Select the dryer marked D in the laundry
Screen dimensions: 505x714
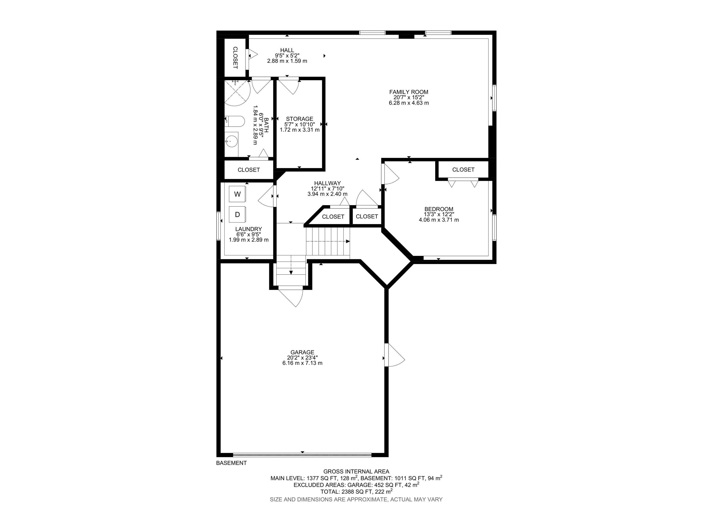click(x=238, y=215)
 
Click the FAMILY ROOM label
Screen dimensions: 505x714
click(x=409, y=92)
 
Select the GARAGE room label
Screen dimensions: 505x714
click(x=302, y=352)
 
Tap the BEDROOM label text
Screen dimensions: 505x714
click(x=439, y=209)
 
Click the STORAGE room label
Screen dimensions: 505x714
click(x=299, y=119)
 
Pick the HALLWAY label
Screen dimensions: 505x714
click(x=327, y=183)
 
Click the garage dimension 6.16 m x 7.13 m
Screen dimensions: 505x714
click(x=302, y=363)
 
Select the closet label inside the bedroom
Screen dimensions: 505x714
click(x=463, y=170)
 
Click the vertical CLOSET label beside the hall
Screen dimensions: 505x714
click(x=235, y=58)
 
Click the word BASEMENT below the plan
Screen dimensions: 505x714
click(x=231, y=463)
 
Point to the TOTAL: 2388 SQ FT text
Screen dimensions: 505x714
click(x=356, y=492)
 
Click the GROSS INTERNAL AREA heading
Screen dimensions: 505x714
click(x=356, y=471)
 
